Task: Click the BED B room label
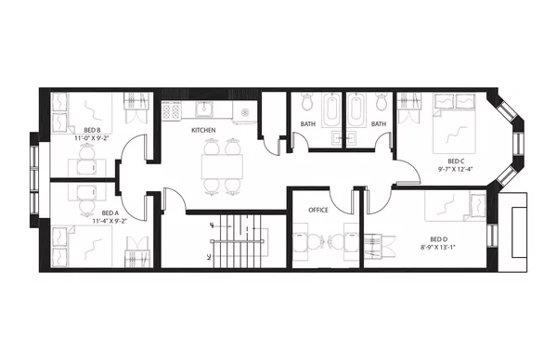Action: (x=92, y=130)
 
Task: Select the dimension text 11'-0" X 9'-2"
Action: (x=92, y=138)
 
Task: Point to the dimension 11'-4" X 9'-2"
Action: (x=110, y=222)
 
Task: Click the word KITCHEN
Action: (x=204, y=131)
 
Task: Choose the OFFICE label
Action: (x=319, y=211)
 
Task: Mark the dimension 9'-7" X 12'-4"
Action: (x=455, y=169)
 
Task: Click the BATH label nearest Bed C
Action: (x=378, y=124)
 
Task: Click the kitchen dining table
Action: (x=222, y=166)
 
